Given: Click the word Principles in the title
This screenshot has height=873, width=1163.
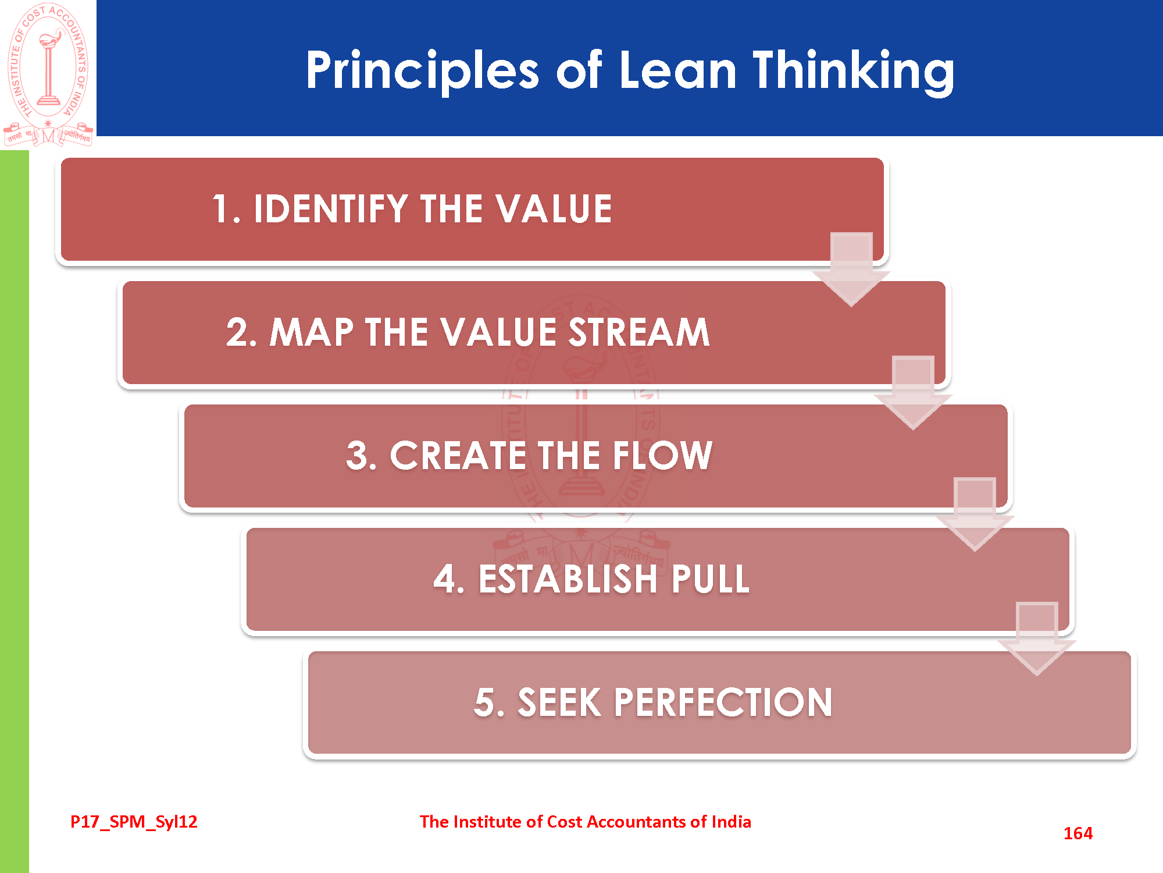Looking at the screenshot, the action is coord(423,71).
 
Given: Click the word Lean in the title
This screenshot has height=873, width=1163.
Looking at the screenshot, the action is coord(677,70).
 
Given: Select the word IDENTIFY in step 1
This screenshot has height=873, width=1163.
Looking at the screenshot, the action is coord(331,208).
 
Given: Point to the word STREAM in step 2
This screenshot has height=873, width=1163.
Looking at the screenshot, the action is coord(639,332).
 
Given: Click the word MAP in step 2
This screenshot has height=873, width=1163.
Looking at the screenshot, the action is coord(312,332).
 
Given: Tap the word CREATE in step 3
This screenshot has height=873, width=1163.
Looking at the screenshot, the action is coord(458,455).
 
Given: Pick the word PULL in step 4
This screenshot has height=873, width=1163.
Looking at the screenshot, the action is coord(711,579).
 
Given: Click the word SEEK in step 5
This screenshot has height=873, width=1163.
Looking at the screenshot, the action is coord(559,702).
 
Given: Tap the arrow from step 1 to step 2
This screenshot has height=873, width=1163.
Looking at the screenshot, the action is coord(851,269).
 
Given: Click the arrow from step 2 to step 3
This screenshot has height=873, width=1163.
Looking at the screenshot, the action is coord(913,392).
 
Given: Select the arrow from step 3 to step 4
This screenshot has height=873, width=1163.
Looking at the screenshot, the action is coord(975,514).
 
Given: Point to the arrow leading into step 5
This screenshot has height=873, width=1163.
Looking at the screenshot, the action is coord(1037,639).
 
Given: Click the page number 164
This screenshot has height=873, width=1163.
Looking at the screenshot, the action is coord(1078,833).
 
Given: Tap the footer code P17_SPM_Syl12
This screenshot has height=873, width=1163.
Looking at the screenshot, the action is coord(134,822).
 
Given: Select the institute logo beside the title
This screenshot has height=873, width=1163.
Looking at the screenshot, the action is coord(48,74).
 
